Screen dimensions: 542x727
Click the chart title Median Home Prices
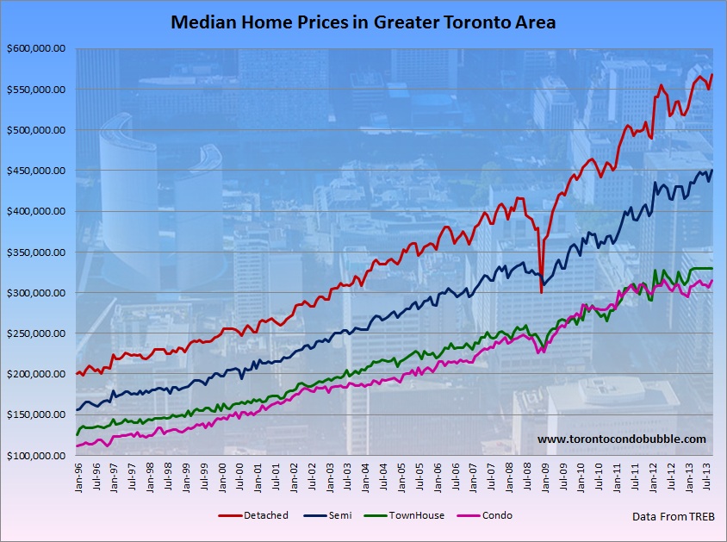pos(363,22)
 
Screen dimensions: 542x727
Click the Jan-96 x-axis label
pos(78,477)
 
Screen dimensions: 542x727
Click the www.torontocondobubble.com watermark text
pos(621,439)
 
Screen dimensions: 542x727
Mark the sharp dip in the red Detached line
pos(541,292)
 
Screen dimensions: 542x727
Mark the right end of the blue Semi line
pos(712,171)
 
